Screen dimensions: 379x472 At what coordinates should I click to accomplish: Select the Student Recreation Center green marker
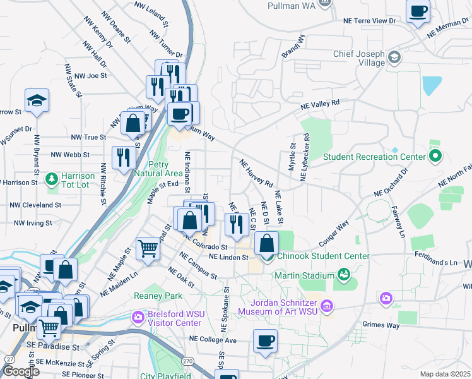pyautogui.click(x=435, y=155)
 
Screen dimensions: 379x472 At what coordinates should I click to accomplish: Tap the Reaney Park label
pyautogui.click(x=158, y=296)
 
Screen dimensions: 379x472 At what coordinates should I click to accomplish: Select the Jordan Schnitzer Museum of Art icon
pyautogui.click(x=326, y=307)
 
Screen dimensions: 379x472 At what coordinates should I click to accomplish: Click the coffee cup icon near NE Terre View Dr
pyautogui.click(x=418, y=11)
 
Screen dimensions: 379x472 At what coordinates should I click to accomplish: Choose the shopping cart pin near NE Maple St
pyautogui.click(x=148, y=248)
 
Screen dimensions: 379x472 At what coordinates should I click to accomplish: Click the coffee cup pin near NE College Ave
pyautogui.click(x=266, y=341)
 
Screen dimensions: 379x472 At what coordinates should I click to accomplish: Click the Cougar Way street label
pyautogui.click(x=334, y=235)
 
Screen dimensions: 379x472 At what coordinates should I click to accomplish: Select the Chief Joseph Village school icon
pyautogui.click(x=394, y=57)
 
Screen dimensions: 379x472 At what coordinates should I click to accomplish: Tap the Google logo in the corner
pyautogui.click(x=20, y=371)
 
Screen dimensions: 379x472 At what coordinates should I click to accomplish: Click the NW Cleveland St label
pyautogui.click(x=35, y=205)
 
